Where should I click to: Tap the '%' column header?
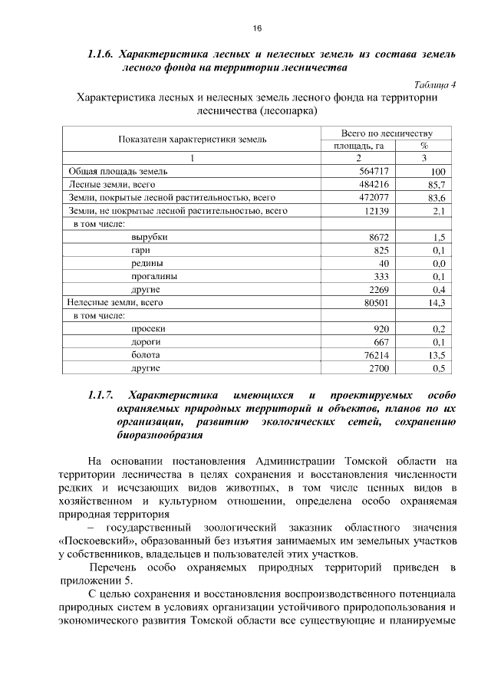point(423,146)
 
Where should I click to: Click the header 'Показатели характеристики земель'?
point(192,139)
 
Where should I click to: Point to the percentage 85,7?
point(437,185)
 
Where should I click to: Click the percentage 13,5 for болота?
point(437,355)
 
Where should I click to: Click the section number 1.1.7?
point(101,395)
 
